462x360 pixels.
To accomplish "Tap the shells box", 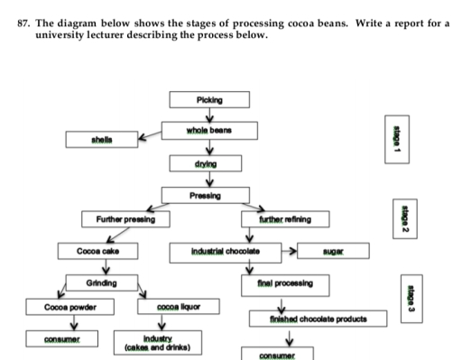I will point(100,141).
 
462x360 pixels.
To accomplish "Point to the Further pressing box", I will point(120,220).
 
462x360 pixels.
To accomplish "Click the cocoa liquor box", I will point(178,309).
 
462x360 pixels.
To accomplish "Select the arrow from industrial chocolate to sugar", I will point(285,250).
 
